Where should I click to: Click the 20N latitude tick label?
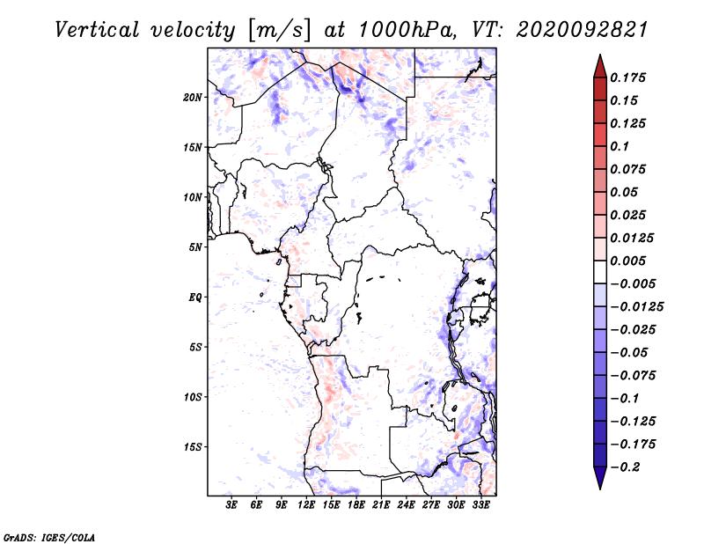tap(193, 98)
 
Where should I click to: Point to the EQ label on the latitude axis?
tap(195, 298)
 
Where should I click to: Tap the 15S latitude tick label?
tap(193, 447)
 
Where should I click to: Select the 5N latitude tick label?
tap(195, 247)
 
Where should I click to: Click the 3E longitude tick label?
tap(231, 505)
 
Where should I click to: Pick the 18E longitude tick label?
tap(356, 505)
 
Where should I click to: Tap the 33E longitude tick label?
tap(480, 505)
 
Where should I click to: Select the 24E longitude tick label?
tap(406, 505)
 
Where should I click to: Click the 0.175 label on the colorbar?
tap(627, 77)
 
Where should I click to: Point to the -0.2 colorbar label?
tap(625, 467)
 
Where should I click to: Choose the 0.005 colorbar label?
tap(627, 261)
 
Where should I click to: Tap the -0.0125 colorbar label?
tap(636, 307)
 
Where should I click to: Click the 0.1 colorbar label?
tap(620, 146)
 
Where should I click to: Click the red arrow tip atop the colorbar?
tap(600, 55)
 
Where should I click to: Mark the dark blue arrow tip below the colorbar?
tap(600, 489)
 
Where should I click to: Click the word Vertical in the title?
tap(97, 30)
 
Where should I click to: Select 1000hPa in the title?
tap(407, 30)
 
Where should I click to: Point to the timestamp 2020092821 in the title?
tap(582, 30)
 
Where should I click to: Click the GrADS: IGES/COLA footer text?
tap(49, 538)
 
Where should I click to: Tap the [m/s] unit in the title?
tap(279, 31)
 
